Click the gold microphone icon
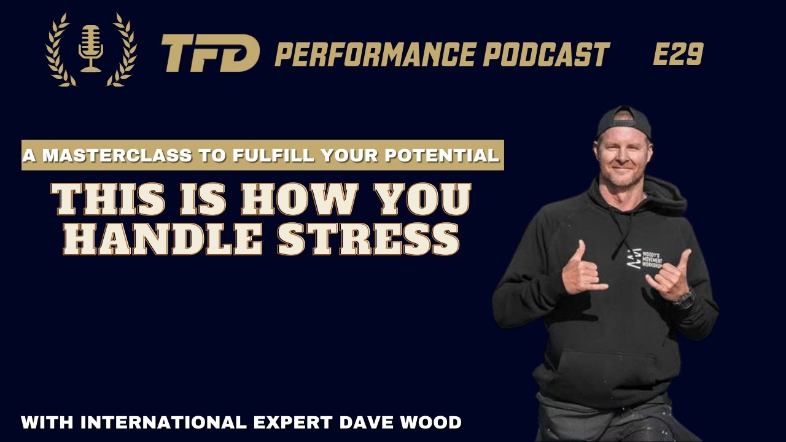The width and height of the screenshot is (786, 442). pyautogui.click(x=91, y=48)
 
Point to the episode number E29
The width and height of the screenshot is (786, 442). pyautogui.click(x=677, y=55)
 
